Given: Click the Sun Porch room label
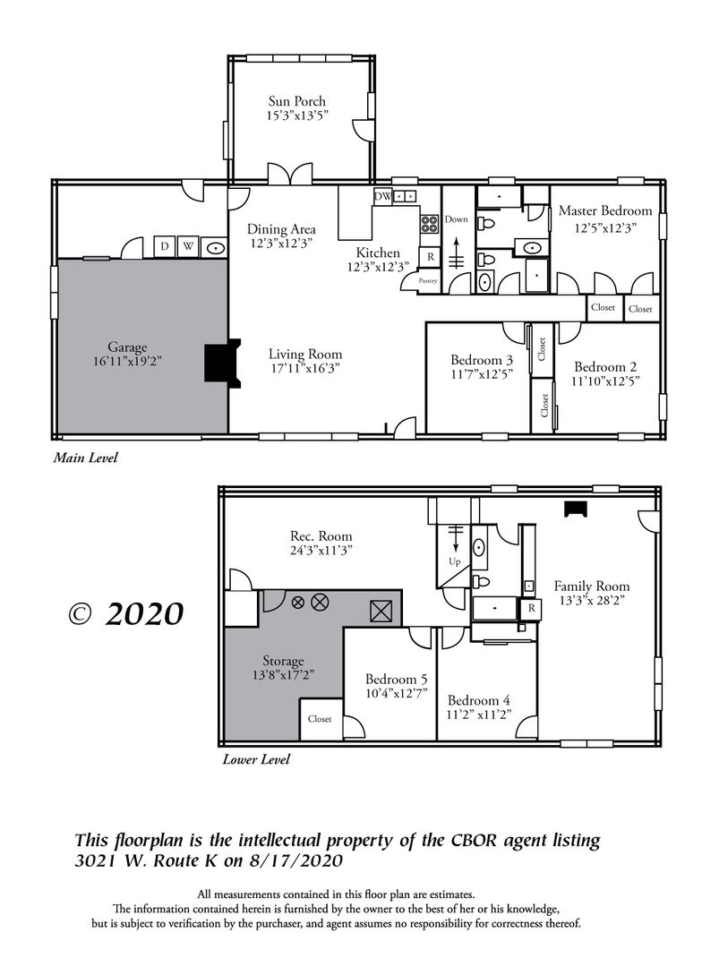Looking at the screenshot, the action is click(x=296, y=101).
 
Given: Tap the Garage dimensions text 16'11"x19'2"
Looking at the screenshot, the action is click(x=127, y=361).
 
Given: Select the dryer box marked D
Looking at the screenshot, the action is click(x=165, y=247).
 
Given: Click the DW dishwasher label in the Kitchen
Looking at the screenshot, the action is click(x=382, y=196).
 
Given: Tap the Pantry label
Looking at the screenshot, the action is click(x=428, y=280).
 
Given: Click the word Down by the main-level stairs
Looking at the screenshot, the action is click(x=457, y=219).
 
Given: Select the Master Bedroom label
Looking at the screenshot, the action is click(x=605, y=211).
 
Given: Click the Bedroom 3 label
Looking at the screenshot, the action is click(x=481, y=360).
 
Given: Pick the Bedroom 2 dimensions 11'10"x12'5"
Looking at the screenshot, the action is click(x=605, y=381).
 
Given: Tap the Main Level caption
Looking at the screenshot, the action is click(x=85, y=458).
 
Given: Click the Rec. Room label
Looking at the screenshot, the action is click(x=321, y=536).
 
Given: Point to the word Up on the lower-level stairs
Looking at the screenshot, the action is click(x=455, y=561).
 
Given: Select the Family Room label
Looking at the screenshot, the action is click(x=592, y=586).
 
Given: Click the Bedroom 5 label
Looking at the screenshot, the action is click(x=396, y=679).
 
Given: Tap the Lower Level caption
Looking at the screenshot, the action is click(x=256, y=759).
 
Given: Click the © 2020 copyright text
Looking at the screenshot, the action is click(x=126, y=613).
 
